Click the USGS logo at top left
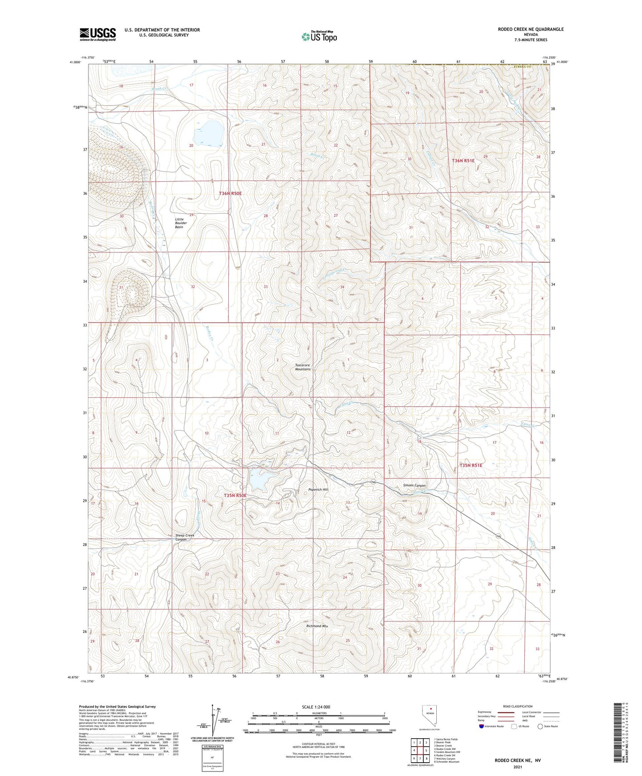pos(98,34)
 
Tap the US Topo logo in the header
pos(319,36)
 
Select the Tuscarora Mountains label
pos(303,367)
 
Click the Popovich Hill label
pos(318,489)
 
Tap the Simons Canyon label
pos(414,485)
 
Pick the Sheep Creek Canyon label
pos(185,537)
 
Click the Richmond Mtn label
pos(317,626)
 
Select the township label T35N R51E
pos(471,465)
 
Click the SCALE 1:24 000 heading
pos(316,707)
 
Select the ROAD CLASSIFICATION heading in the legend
pos(518,706)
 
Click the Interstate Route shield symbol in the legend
pos(482,726)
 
